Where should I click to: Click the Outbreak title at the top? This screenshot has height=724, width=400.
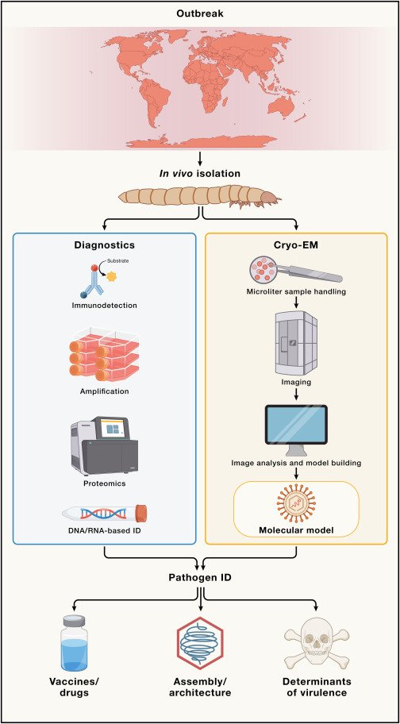(200, 14)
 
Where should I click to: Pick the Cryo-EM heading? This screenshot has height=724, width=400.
(296, 246)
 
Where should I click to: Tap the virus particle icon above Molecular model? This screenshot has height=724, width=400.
(295, 503)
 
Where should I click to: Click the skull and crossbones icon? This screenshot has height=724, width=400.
(327, 644)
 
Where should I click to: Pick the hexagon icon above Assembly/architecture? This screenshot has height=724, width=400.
(200, 644)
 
